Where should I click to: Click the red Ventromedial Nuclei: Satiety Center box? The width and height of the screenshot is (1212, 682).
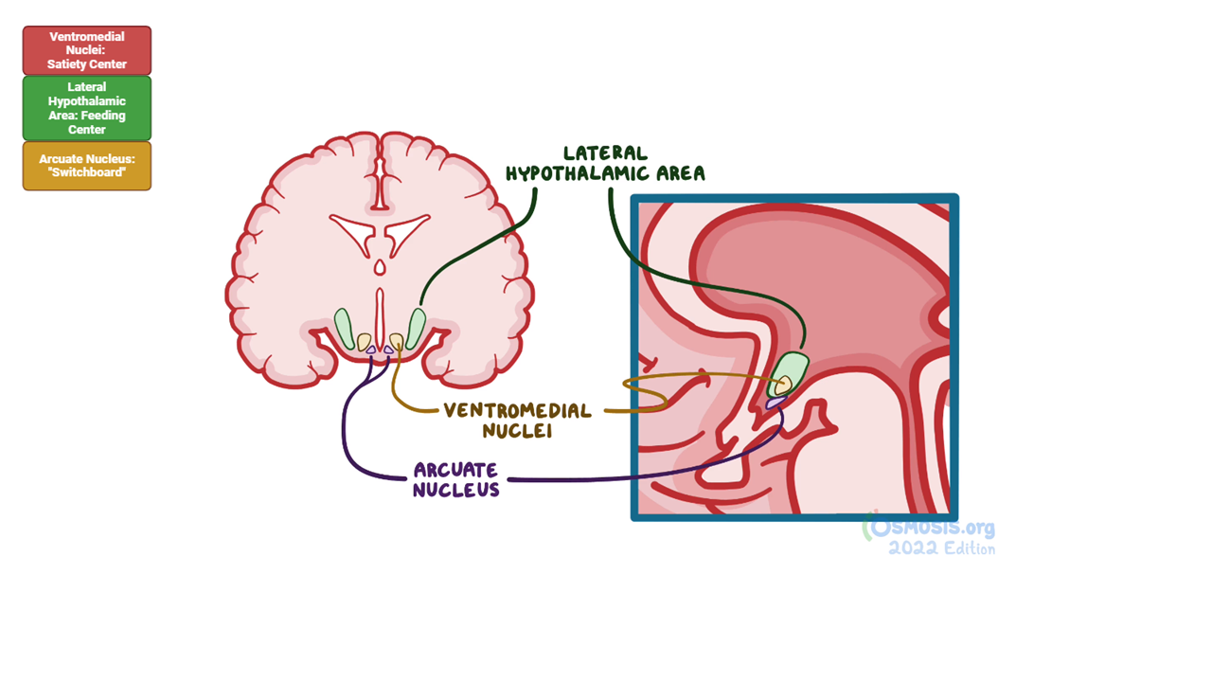[87, 50]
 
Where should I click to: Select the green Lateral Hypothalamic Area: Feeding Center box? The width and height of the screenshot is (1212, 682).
[87, 108]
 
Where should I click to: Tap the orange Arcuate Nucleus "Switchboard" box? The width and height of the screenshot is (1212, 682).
[87, 166]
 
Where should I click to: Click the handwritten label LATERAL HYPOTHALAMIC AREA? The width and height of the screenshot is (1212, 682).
[605, 163]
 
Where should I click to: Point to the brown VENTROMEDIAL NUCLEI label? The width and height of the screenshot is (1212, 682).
[518, 421]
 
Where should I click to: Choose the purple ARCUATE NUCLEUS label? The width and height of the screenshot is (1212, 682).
[456, 479]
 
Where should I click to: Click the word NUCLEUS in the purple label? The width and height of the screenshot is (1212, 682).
[456, 490]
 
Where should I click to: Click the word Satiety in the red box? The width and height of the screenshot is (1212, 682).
[66, 64]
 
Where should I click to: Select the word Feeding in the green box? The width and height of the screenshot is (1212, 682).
[105, 116]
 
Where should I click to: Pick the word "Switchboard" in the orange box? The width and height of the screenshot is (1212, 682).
[87, 172]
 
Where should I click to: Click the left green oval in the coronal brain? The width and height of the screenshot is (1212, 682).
[344, 328]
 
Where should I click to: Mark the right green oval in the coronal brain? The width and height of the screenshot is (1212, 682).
[416, 328]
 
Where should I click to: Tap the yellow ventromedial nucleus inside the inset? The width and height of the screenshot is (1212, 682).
[783, 386]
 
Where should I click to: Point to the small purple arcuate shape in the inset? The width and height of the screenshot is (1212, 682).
[775, 403]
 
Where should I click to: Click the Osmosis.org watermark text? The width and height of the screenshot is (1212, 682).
[933, 529]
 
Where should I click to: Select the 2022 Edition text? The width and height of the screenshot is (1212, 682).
[941, 548]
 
